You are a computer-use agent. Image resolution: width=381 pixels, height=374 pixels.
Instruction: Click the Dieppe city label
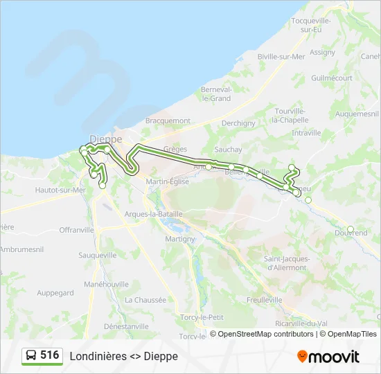[x=106, y=139]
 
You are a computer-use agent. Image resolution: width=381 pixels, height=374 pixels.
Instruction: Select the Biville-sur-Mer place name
[x=281, y=57]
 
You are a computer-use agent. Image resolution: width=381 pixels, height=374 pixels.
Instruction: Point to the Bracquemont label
[x=168, y=121]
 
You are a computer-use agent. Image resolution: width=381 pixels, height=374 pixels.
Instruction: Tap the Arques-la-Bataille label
[x=153, y=214]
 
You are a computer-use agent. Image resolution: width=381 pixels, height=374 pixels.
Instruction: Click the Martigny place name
[x=180, y=238]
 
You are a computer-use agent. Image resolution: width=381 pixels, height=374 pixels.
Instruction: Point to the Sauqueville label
[x=98, y=255]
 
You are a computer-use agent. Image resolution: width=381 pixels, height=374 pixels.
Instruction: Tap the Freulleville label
[x=265, y=300]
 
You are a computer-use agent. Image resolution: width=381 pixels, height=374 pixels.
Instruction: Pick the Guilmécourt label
[x=332, y=78]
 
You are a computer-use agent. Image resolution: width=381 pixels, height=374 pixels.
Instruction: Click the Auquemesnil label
[x=356, y=113]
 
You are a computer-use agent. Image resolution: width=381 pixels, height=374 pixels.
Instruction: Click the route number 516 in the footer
[x=49, y=355]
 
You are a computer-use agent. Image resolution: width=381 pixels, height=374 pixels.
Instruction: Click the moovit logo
[x=328, y=357]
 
